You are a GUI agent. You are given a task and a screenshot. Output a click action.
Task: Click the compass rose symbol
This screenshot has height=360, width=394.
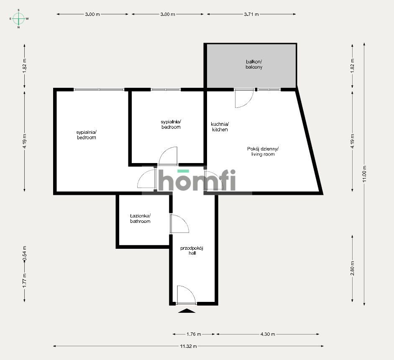[18, 18]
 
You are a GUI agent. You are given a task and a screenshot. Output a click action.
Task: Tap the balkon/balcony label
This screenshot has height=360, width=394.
[254, 64]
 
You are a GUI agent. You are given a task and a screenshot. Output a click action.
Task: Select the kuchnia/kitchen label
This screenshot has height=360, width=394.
[220, 127]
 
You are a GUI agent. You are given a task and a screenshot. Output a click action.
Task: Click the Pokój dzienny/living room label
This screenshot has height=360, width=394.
[263, 151]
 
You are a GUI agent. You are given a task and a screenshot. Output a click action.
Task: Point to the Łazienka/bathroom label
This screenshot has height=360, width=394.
[140, 219]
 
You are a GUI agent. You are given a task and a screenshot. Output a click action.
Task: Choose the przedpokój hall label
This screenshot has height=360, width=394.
[192, 250]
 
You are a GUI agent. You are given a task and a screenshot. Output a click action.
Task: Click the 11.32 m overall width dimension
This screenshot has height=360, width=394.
[188, 346]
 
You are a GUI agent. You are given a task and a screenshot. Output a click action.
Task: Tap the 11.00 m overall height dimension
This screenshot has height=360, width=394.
[365, 174]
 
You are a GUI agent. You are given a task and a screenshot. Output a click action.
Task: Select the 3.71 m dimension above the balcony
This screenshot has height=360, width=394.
[251, 14]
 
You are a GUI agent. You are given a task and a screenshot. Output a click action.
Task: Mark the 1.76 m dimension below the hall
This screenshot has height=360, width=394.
[194, 334]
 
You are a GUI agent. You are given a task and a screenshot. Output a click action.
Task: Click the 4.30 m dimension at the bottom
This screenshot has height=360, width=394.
[268, 334]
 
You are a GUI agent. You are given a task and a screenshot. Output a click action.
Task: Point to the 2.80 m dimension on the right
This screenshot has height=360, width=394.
[352, 268]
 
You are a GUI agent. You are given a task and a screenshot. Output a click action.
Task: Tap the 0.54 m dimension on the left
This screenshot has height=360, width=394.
[24, 253]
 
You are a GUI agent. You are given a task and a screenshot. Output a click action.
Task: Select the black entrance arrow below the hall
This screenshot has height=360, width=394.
[187, 311]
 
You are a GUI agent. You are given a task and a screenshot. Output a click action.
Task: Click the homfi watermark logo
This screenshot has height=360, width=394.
[197, 180]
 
